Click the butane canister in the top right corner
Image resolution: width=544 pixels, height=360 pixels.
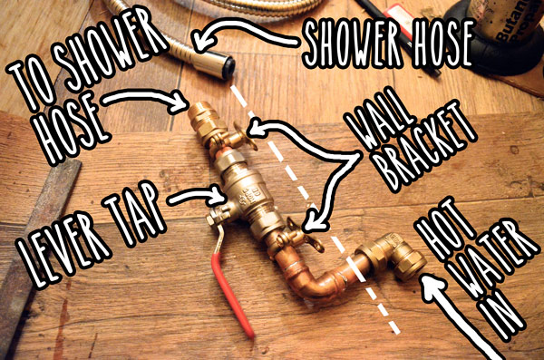point(503,27)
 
